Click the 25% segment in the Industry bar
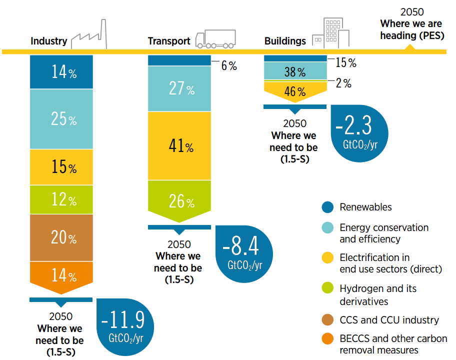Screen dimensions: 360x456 (61, 119)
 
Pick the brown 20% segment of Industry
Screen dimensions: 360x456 (61, 237)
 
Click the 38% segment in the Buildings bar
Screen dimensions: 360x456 (294, 72)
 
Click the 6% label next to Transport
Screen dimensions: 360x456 (229, 65)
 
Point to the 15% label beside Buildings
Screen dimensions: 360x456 (345, 62)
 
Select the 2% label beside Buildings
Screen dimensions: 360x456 (343, 83)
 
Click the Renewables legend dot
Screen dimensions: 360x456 (328, 207)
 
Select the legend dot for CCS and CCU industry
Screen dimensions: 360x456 (328, 320)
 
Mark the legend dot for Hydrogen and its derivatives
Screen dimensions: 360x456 (328, 289)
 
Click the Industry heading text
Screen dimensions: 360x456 (48, 41)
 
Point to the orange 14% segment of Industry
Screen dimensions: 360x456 (61, 275)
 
